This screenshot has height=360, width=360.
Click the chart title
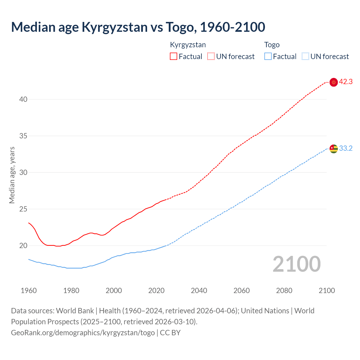click(x=138, y=27)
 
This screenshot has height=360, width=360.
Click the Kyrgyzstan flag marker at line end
click(x=334, y=82)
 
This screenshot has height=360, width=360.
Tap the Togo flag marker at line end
click(x=334, y=148)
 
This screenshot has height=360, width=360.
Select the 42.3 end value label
click(x=346, y=82)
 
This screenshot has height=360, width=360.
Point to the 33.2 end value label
click(x=346, y=148)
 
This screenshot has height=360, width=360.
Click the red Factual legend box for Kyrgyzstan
click(x=174, y=57)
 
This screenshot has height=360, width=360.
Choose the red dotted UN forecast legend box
click(x=211, y=57)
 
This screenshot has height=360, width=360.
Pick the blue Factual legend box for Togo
click(x=268, y=57)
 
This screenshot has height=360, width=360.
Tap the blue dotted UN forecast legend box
click(x=305, y=57)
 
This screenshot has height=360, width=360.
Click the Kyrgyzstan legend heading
click(x=188, y=45)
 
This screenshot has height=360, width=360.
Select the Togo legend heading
click(x=272, y=45)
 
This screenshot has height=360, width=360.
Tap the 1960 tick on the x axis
click(x=29, y=291)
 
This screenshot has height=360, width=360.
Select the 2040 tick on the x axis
click(x=199, y=291)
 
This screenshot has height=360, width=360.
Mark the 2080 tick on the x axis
click(x=284, y=291)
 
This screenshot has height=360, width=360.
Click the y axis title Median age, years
click(x=12, y=175)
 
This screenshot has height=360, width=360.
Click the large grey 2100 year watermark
click(x=296, y=264)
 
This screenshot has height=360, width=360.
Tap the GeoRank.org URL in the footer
click(x=83, y=333)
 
